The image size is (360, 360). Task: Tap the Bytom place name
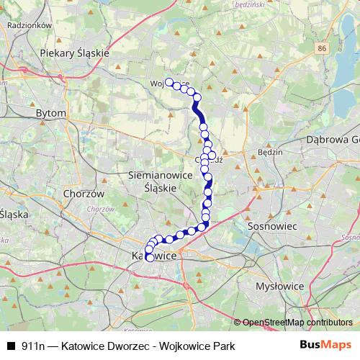51,113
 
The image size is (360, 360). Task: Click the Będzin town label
269,153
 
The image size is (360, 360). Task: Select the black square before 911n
10,346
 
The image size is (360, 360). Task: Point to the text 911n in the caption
33,346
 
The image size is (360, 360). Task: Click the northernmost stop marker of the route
170,82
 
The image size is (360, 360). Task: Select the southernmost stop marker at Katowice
150,257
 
